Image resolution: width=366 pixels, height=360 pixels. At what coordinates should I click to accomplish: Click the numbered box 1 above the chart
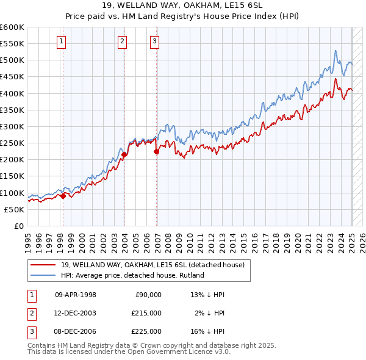pos(62,41)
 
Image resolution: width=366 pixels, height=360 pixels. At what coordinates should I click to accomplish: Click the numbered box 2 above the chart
pos(122,41)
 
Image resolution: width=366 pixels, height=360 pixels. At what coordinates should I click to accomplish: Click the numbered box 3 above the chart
pos(154,41)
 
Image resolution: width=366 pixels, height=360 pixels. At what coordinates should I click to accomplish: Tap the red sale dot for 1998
pos(63,196)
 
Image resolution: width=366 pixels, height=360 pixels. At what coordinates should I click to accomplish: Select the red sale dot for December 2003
pos(124,155)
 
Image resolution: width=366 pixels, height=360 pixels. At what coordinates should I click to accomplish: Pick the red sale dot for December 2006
pos(157,151)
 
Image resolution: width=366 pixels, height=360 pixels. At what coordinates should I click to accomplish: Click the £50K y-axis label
pos(14,209)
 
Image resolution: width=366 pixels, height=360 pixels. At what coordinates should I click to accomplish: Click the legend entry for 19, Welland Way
pos(152,265)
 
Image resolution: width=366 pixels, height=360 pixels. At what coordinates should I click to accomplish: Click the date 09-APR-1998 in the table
pos(76,294)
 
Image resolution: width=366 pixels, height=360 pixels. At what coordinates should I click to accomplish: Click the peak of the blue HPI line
pos(335,51)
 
